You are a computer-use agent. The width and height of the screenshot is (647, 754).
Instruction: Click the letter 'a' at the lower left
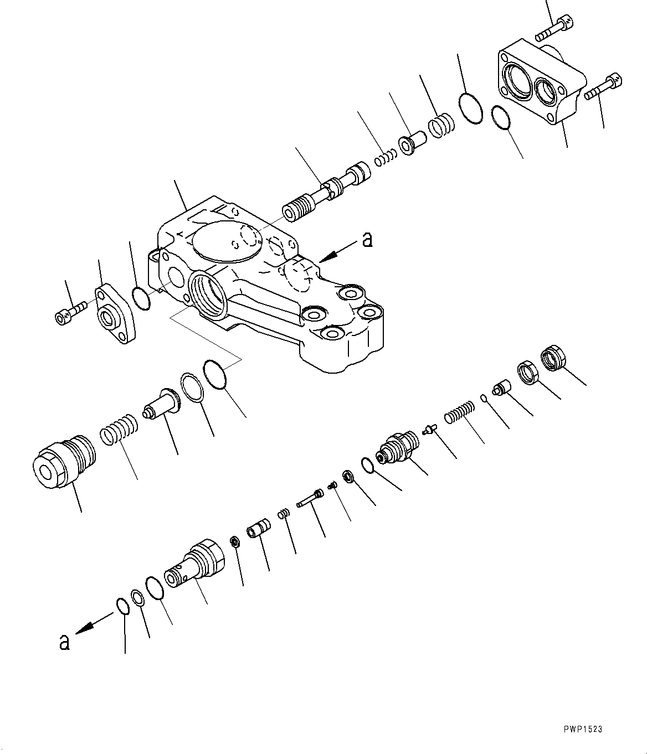65,642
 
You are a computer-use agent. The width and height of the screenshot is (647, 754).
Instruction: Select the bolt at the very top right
554,28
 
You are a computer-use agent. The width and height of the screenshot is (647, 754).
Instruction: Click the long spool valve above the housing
327,191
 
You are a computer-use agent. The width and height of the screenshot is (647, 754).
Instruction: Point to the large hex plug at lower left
61,459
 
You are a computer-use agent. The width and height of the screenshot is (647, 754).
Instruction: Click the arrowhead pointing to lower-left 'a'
85,627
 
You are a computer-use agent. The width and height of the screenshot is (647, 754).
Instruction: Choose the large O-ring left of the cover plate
470,109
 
